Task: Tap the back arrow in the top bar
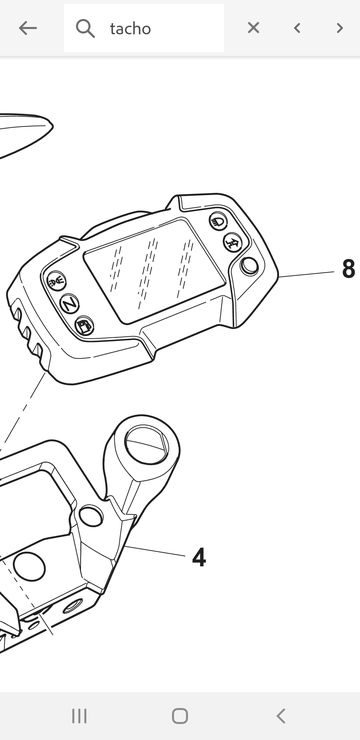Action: coord(28,28)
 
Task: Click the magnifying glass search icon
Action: coord(85,29)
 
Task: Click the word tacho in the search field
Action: coord(130,29)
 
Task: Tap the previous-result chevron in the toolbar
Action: coord(297,28)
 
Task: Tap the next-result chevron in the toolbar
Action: coord(340,28)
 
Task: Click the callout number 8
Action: coord(348,269)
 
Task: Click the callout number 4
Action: coord(199,558)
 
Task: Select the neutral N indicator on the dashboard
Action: coord(69,303)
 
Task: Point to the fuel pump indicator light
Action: coord(84,326)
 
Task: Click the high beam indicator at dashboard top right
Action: coord(218,221)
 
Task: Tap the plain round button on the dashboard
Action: coord(249,266)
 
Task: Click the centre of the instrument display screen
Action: coord(154,270)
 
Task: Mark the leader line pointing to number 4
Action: coord(155,551)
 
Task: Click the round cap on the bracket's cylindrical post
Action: coord(147,444)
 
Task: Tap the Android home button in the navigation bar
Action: coord(180,716)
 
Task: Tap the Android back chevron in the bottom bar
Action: coord(281,716)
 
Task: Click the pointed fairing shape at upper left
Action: coord(25,133)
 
